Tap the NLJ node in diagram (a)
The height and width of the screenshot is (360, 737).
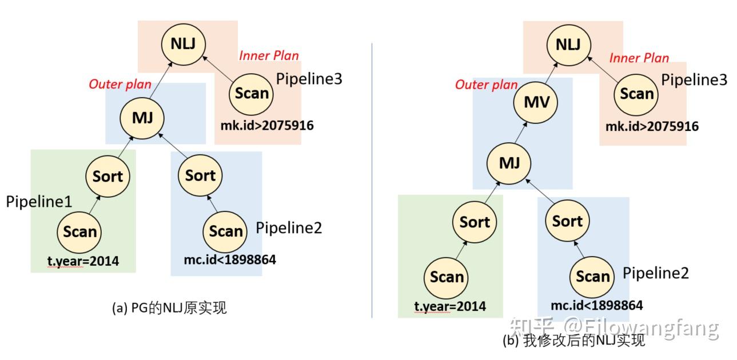click(183, 44)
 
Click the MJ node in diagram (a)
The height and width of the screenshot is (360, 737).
click(142, 118)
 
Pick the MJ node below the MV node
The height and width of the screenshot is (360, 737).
click(509, 163)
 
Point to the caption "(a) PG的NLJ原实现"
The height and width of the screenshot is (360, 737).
click(169, 308)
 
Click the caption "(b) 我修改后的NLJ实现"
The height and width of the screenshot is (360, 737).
click(573, 341)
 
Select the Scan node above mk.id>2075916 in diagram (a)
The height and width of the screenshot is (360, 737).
click(252, 93)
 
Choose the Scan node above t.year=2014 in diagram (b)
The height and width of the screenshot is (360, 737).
click(447, 277)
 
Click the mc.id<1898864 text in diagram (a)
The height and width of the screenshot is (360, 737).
click(229, 260)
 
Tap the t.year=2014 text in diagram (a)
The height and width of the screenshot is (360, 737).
click(83, 262)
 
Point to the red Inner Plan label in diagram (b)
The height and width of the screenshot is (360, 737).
click(639, 58)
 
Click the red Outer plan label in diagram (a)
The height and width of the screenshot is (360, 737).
click(119, 84)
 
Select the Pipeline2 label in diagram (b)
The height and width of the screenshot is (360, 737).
click(655, 273)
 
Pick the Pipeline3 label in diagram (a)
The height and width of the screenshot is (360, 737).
click(309, 79)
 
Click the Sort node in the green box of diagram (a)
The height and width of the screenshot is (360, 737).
click(107, 176)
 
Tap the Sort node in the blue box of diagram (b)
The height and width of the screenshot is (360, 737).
click(567, 221)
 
